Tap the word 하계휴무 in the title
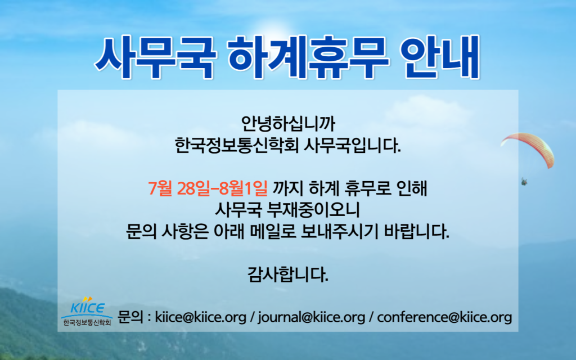click(308, 57)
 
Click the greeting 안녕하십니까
click(287, 124)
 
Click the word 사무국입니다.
click(353, 146)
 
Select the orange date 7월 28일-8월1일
click(208, 188)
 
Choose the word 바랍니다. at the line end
click(417, 231)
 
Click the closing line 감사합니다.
click(287, 274)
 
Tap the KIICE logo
click(87, 306)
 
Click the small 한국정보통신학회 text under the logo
click(87, 323)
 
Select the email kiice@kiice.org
click(201, 317)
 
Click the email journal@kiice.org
click(312, 317)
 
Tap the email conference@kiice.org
click(444, 317)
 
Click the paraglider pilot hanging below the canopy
click(524, 182)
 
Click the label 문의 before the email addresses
click(130, 317)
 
